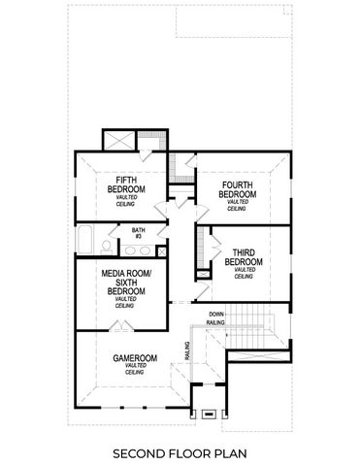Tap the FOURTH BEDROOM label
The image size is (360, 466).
tap(238, 189)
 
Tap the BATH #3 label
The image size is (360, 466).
tap(138, 233)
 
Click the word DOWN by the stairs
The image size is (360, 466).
tap(216, 315)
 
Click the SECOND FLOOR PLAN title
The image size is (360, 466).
tap(180, 452)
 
